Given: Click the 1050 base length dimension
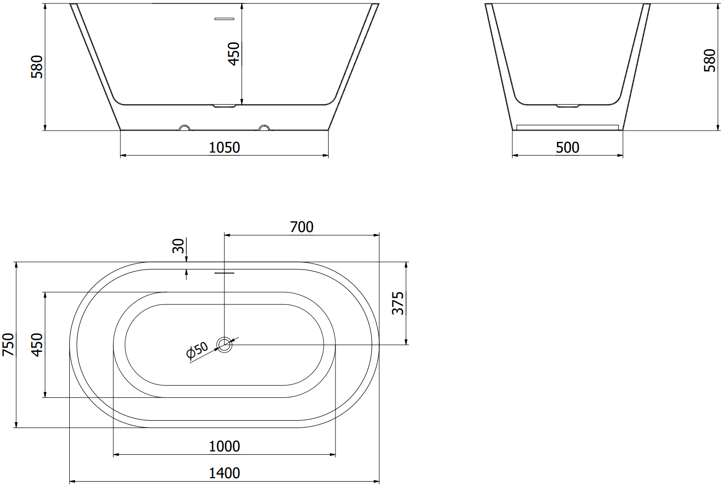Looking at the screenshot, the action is click(x=224, y=148).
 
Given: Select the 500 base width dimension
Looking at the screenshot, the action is click(x=568, y=148).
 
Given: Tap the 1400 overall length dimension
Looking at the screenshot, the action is click(x=224, y=473).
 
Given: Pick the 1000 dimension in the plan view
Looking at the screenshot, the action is click(x=224, y=447).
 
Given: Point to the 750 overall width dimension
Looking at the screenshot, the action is click(x=8, y=345).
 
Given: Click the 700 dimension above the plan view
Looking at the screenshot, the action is click(x=302, y=227).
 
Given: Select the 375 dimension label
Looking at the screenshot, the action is click(x=398, y=303).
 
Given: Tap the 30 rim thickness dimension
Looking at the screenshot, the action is click(x=178, y=246).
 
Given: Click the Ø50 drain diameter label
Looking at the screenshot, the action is click(x=197, y=351).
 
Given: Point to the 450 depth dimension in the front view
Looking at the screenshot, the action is click(x=234, y=54).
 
